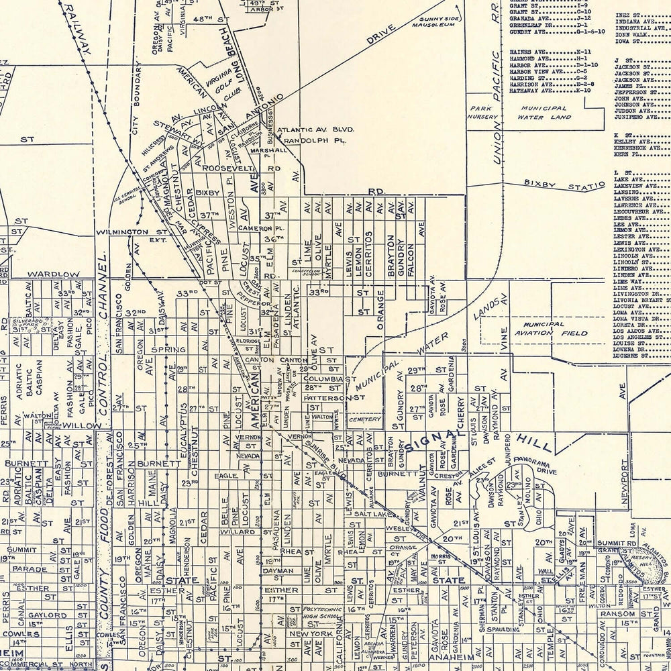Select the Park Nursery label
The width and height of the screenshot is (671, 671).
click(484, 112)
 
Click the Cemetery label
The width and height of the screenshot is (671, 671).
click(364, 419)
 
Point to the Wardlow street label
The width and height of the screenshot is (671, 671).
click(53, 274)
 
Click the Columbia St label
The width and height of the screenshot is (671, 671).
click(328, 378)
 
